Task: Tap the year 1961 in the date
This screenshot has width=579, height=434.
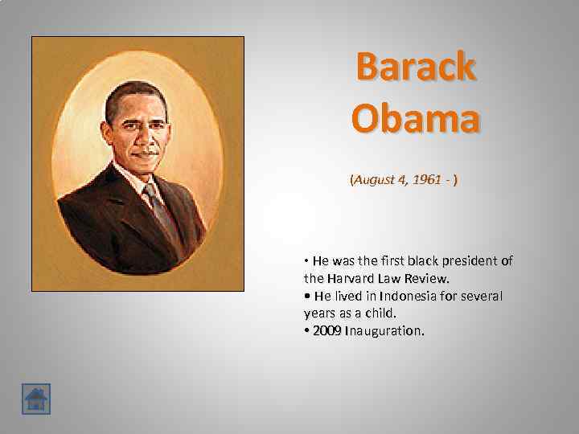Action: pos(427,180)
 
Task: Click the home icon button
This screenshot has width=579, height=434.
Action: pos(36,399)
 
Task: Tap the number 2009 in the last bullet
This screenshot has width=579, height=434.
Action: pos(327,331)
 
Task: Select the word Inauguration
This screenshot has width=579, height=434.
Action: pos(384,331)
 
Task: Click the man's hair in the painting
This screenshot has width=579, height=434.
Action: pos(135,95)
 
